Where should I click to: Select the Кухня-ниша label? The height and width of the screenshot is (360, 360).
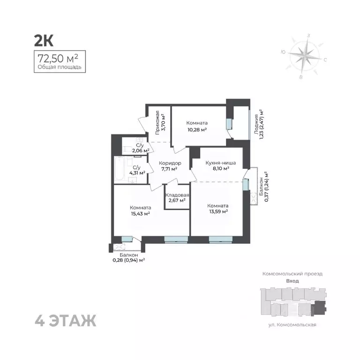point(220,163)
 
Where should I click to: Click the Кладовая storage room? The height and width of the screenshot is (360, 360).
point(177,197)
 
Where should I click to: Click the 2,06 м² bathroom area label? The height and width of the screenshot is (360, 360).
point(140,150)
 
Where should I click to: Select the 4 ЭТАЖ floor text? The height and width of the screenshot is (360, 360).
point(66,321)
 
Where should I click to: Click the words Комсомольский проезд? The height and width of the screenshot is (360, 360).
point(292,273)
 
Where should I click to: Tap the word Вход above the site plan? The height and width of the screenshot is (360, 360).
point(292,281)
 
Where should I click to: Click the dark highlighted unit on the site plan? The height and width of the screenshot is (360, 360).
point(319,307)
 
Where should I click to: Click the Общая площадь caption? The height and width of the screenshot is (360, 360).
point(60,67)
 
